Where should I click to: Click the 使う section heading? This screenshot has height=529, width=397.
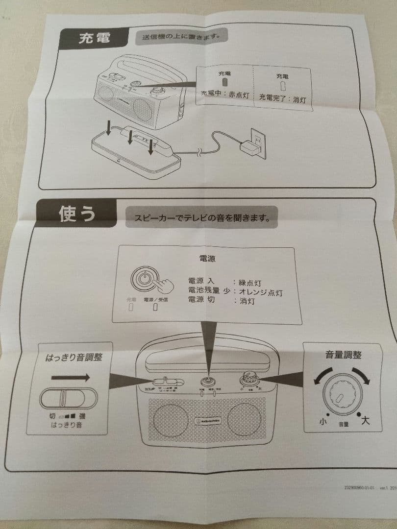(77, 214)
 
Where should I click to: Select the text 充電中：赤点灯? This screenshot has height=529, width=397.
(226, 95)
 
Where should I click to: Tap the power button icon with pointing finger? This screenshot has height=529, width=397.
(148, 280)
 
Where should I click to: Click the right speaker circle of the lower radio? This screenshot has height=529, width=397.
(243, 421)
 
